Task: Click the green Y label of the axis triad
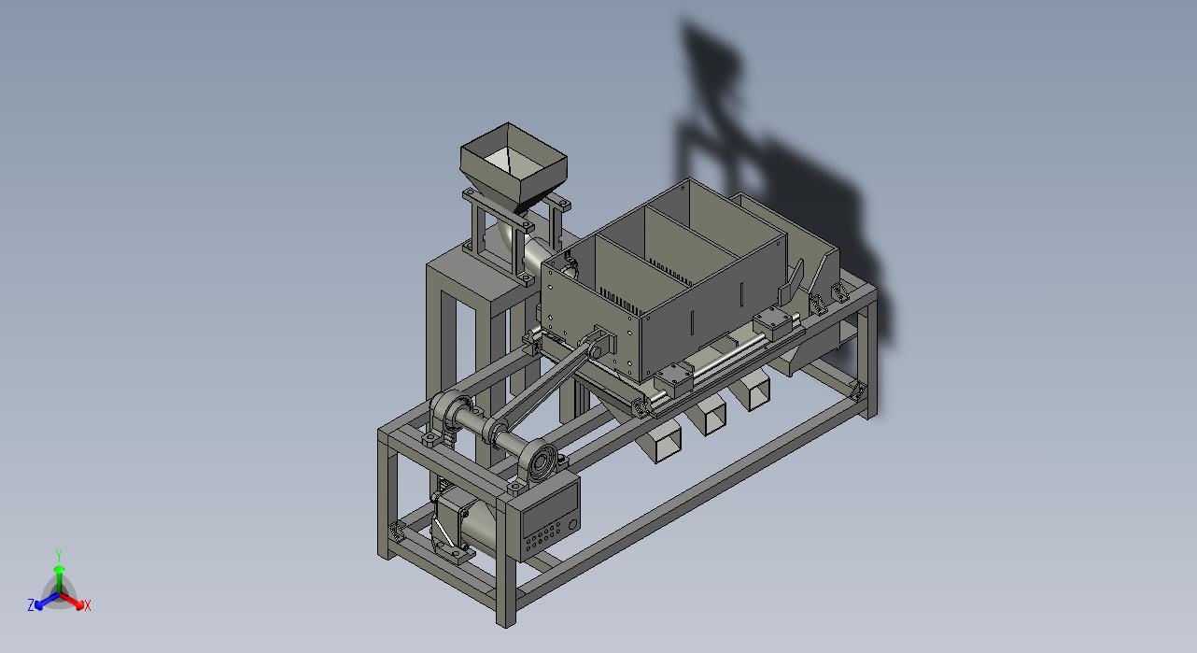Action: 60,555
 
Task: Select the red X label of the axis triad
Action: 88,605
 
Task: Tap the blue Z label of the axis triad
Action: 31,604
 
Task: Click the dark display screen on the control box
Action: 548,511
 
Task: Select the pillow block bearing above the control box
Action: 541,462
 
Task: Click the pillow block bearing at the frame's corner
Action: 448,419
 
